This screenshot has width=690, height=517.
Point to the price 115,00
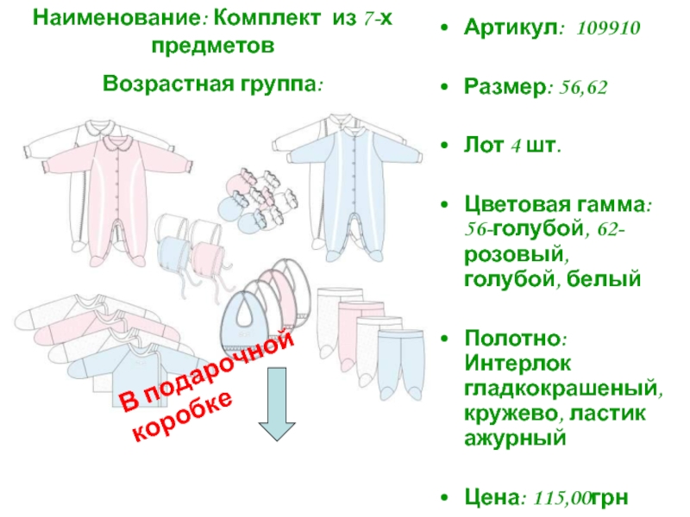point(561,497)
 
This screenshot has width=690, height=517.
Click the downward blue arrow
point(278,402)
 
